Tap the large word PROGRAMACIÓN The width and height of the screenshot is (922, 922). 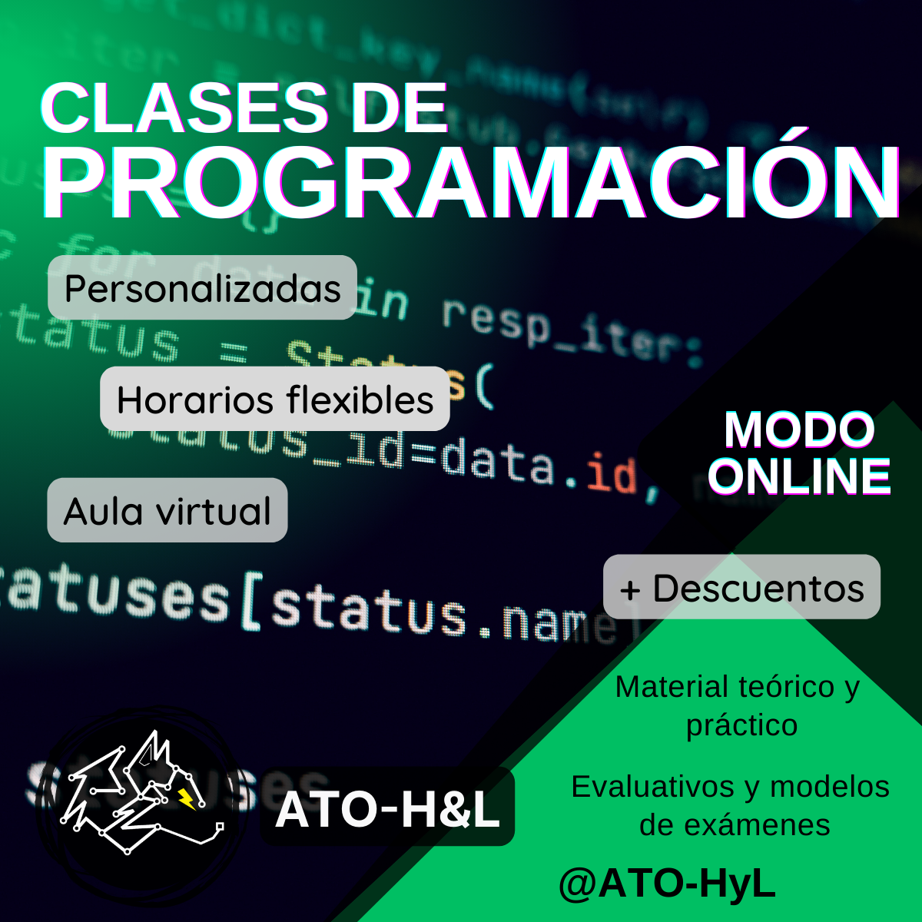(470, 182)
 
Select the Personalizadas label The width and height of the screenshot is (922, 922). (202, 288)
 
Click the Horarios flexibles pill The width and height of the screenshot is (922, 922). (274, 400)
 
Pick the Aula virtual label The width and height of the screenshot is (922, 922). (167, 511)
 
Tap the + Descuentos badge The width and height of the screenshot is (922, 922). (741, 588)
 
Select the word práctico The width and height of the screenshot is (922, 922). (741, 725)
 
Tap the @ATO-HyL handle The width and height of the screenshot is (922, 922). (667, 884)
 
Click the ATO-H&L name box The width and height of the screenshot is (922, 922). (387, 808)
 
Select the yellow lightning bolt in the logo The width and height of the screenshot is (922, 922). (187, 799)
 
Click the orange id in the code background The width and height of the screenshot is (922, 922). (612, 474)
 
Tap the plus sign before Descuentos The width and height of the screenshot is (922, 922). (630, 590)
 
